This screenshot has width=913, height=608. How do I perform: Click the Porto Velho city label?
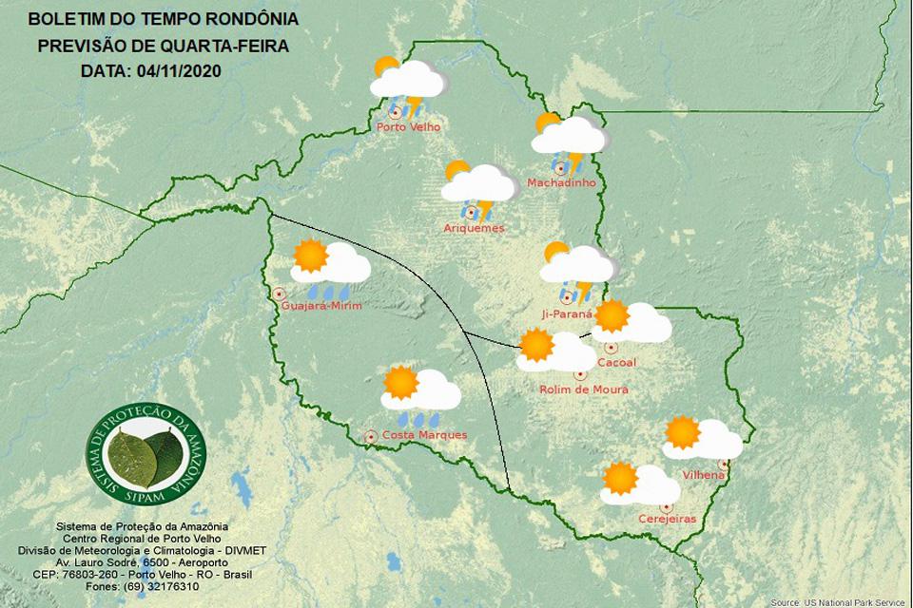point(408,127)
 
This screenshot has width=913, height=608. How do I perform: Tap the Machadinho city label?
point(561,182)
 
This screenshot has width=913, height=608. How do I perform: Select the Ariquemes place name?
point(474,228)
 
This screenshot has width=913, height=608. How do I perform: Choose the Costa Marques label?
point(424,435)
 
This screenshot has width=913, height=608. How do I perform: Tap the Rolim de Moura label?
point(583,389)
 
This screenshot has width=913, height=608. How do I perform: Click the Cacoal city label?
point(616,363)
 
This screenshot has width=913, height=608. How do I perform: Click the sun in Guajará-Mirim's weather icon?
point(310,256)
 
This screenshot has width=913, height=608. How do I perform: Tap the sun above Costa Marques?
point(400,383)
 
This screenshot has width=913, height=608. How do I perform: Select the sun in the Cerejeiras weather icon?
point(620,478)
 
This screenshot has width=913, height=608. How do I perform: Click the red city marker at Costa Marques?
point(371,436)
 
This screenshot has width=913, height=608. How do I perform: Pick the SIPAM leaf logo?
point(146,454)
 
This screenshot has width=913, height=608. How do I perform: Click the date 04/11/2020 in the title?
point(179,70)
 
